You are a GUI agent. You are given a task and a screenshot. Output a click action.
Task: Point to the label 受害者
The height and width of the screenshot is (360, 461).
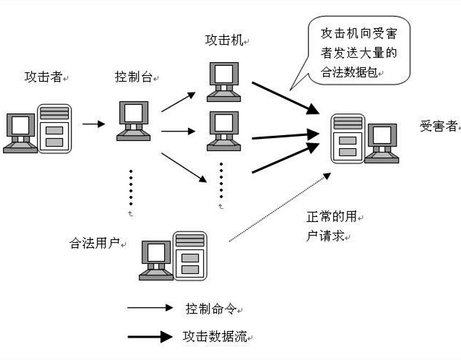click(438, 126)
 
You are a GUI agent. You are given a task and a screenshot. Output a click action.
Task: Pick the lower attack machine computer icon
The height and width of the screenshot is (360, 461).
click(223, 132)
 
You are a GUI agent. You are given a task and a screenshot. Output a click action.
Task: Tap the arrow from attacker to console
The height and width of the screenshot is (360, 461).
click(93, 124)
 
